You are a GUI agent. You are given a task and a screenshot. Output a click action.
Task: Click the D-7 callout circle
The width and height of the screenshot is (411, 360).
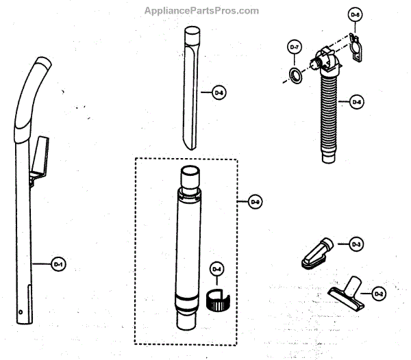pyautogui.click(x=294, y=47)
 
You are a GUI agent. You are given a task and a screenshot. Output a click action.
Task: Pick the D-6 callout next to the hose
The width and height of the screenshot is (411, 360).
pyautogui.click(x=356, y=103)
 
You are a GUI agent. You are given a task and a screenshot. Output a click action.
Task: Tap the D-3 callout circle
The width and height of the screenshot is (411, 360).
pyautogui.click(x=356, y=243)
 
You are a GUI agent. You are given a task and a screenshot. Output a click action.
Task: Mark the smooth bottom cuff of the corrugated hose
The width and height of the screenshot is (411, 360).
pyautogui.click(x=331, y=155)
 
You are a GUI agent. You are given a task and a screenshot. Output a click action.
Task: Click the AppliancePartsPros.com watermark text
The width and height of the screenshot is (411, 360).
pyautogui.click(x=202, y=10)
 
